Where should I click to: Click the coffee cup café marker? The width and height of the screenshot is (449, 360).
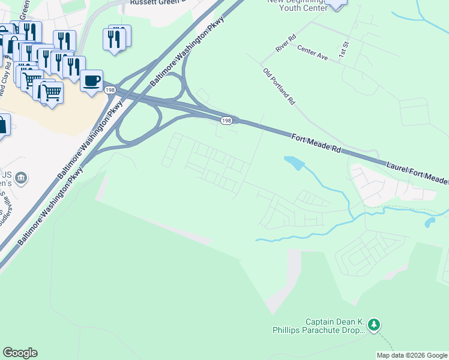click(91, 81)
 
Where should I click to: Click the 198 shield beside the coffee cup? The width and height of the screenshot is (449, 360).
click(110, 90)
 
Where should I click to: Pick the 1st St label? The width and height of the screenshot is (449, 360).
click(343, 49)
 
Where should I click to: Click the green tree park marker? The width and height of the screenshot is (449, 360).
click(375, 325)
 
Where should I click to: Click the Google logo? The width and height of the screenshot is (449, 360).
click(20, 353)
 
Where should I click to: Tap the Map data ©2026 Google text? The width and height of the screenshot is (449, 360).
click(411, 355)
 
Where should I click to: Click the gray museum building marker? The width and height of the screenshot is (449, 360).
click(21, 178)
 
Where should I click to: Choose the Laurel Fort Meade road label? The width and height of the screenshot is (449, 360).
click(417, 172)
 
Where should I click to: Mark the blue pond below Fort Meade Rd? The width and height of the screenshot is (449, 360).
click(294, 163)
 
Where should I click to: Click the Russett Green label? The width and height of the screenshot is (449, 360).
click(156, 2)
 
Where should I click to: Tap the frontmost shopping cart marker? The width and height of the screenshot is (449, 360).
click(52, 92)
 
